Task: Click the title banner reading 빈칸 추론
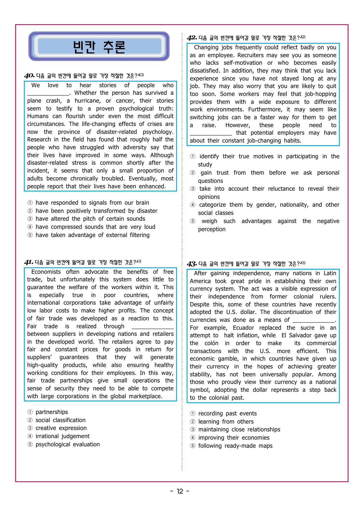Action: coord(99,47)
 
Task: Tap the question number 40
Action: coord(29,76)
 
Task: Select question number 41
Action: coord(29,262)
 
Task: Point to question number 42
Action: coord(192,38)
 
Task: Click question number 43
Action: coord(192,264)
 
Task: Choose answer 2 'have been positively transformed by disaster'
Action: coord(96,211)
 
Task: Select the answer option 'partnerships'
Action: coord(52,412)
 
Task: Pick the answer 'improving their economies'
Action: coord(234,438)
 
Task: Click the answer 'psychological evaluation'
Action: coord(68,444)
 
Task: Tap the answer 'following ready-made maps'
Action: coord(235,446)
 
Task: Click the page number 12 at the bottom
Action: coord(180,491)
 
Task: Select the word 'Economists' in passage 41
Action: coord(46,272)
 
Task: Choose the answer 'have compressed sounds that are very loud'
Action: coord(95,227)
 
